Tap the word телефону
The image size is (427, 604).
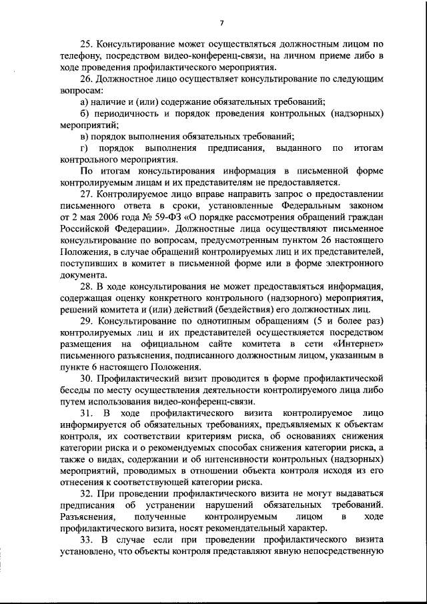click(78, 57)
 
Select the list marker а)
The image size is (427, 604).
click(84, 101)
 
